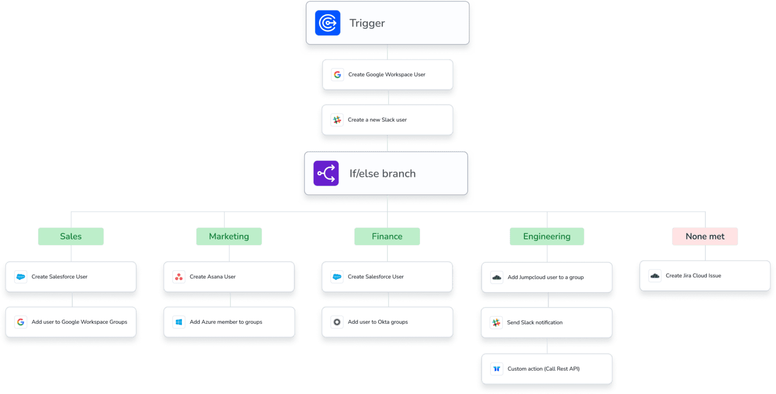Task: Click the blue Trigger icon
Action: (327, 23)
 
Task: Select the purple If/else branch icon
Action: (326, 173)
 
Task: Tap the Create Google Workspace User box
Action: (387, 75)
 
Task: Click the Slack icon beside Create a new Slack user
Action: (336, 120)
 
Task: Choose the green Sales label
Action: (71, 236)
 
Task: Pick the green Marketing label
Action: (229, 236)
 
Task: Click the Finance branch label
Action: (387, 236)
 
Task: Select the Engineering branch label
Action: (547, 236)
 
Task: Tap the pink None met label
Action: (705, 236)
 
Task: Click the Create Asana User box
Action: (229, 277)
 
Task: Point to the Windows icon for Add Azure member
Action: (179, 322)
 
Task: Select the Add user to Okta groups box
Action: (387, 322)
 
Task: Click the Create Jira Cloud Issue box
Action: (705, 276)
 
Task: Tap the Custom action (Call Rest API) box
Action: (547, 369)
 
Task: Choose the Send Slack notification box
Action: (547, 323)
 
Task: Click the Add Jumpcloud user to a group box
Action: (547, 277)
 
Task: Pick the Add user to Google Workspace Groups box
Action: (71, 322)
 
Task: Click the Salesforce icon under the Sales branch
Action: (21, 277)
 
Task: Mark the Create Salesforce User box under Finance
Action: (387, 277)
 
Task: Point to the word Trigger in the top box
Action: (367, 23)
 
